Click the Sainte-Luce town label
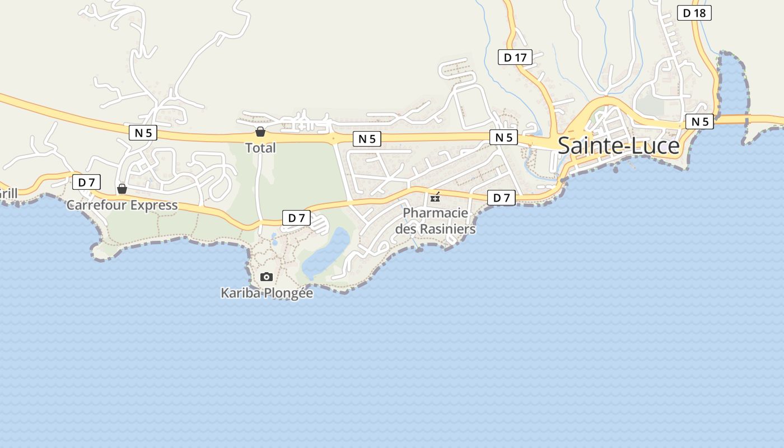tap(618, 146)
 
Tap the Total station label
tap(260, 148)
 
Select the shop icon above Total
tap(260, 132)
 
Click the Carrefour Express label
tap(122, 205)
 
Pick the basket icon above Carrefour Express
tap(122, 189)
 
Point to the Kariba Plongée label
tap(267, 292)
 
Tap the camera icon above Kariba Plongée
tap(267, 277)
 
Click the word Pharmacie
tap(435, 213)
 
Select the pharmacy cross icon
tap(435, 197)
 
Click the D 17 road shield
tap(515, 57)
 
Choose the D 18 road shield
tap(694, 13)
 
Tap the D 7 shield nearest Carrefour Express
tap(86, 182)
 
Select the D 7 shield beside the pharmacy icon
tap(501, 198)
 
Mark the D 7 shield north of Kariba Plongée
tap(296, 218)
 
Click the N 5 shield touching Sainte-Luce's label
tap(503, 137)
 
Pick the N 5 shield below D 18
tap(700, 122)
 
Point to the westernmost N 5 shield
tap(143, 133)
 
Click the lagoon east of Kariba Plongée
tap(328, 252)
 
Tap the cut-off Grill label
tap(8, 194)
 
